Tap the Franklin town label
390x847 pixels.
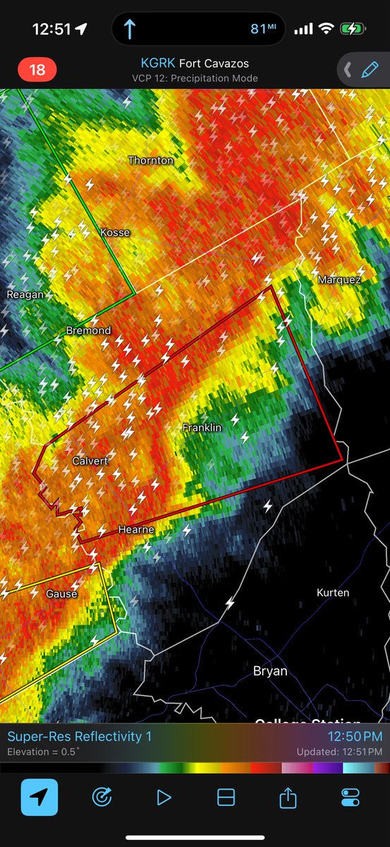click(202, 428)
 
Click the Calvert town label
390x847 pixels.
click(90, 461)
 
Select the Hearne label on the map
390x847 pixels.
click(136, 529)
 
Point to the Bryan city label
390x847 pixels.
click(270, 671)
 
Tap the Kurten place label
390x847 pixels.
click(333, 592)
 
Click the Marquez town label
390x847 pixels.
click(339, 280)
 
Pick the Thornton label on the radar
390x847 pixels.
click(150, 160)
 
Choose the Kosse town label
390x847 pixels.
click(115, 232)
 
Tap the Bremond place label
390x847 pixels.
click(88, 330)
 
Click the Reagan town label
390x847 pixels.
click(25, 294)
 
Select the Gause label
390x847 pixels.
click(61, 594)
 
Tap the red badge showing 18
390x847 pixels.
click(37, 70)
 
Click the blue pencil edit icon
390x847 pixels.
click(369, 70)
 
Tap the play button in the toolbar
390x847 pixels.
click(164, 798)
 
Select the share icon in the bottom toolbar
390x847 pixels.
click(288, 798)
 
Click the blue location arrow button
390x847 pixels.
click(39, 798)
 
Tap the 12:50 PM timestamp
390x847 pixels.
click(356, 737)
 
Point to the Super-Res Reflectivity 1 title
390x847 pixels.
click(79, 737)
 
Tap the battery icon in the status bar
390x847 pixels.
click(351, 29)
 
